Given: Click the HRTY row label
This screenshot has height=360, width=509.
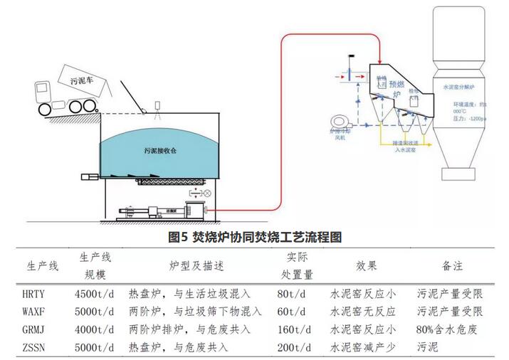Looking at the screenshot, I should pyautogui.click(x=36, y=293).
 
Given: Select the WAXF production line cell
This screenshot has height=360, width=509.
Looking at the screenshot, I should pyautogui.click(x=36, y=312).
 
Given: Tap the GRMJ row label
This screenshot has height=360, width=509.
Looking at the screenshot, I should pyautogui.click(x=36, y=330).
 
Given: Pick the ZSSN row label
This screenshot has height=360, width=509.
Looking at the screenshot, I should pyautogui.click(x=36, y=349).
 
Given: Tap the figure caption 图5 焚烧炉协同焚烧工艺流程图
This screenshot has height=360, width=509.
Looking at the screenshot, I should pyautogui.click(x=255, y=237).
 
